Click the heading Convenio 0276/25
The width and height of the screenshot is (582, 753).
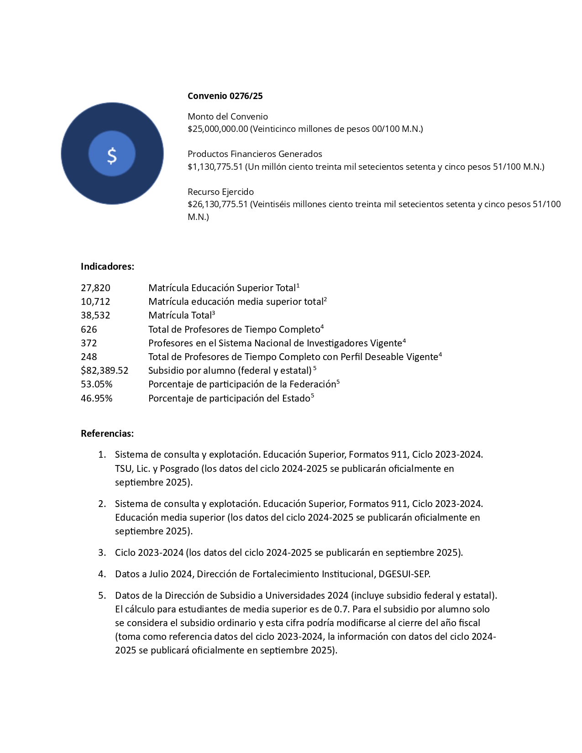[225, 96]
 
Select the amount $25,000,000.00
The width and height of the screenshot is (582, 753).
[218, 129]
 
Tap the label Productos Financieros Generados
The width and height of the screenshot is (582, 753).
[255, 154]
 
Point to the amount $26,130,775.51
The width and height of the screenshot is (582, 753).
[218, 204]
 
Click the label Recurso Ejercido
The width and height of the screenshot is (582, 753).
[220, 192]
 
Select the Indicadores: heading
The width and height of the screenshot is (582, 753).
[107, 267]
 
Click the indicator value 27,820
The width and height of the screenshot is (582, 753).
[95, 288]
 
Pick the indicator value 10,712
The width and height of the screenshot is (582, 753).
[95, 302]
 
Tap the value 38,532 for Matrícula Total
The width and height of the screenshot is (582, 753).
[95, 315]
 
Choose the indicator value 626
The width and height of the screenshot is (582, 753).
[89, 329]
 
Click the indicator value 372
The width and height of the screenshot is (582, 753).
[89, 343]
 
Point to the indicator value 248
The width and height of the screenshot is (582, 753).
[89, 357]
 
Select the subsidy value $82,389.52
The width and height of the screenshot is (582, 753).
[105, 371]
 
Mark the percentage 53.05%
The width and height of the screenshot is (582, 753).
[96, 384]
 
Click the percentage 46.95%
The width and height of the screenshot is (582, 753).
[96, 398]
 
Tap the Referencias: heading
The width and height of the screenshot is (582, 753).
[107, 434]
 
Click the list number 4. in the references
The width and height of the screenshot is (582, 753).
[102, 574]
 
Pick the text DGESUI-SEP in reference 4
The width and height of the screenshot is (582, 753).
[404, 574]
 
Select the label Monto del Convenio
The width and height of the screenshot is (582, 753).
[228, 117]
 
